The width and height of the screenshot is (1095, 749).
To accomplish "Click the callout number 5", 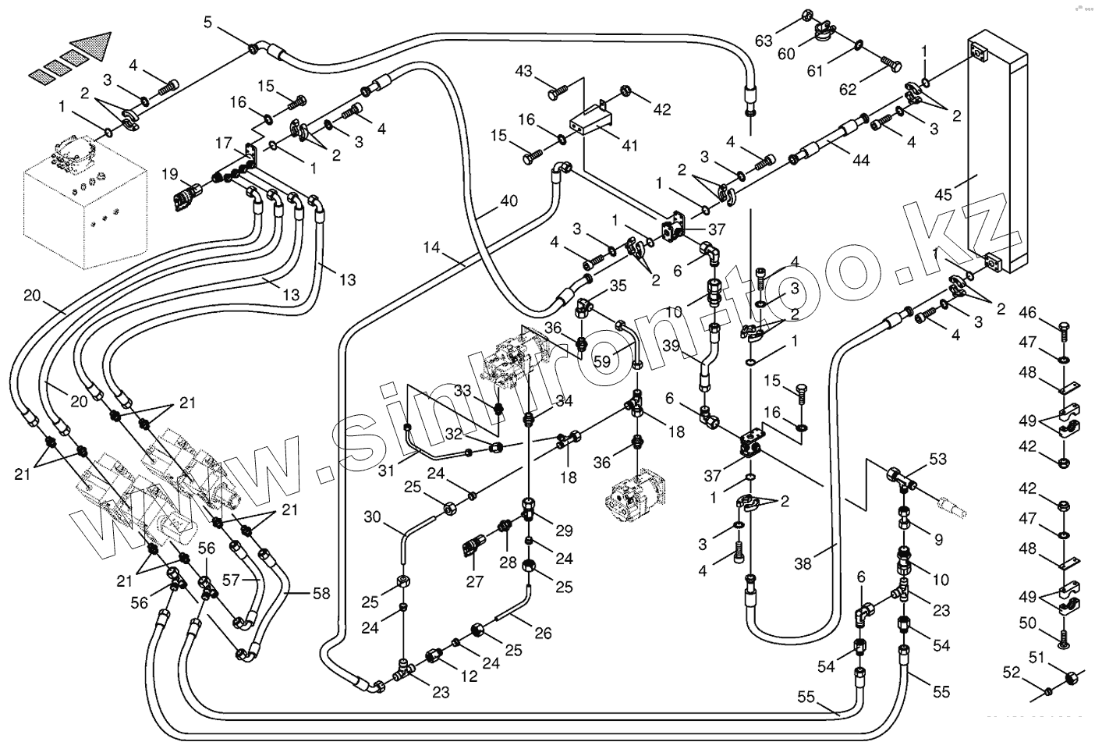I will click(207, 22).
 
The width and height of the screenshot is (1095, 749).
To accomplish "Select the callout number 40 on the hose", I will click(509, 201).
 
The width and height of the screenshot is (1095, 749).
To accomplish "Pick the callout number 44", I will click(860, 160).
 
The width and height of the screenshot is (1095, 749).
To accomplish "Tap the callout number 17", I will click(224, 144).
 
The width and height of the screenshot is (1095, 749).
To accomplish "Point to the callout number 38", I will click(803, 563).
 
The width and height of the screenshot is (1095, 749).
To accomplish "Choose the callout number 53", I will click(937, 460).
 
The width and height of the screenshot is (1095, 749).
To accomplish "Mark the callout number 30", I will click(371, 516).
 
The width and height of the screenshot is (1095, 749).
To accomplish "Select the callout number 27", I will click(475, 581).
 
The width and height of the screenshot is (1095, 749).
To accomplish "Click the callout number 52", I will click(1011, 672).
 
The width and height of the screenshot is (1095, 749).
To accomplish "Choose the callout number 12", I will click(469, 677).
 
